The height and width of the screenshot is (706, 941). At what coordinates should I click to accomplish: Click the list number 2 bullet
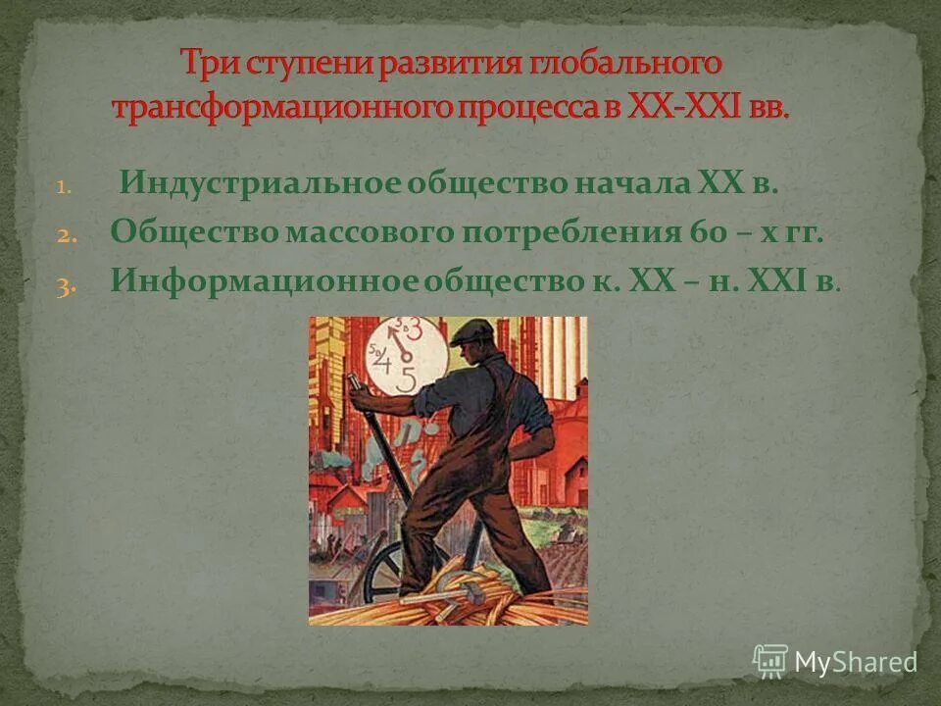tap(61, 235)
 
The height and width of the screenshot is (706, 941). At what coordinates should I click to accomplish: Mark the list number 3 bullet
tap(61, 284)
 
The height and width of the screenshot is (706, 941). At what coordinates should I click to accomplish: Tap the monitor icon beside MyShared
tap(770, 660)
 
